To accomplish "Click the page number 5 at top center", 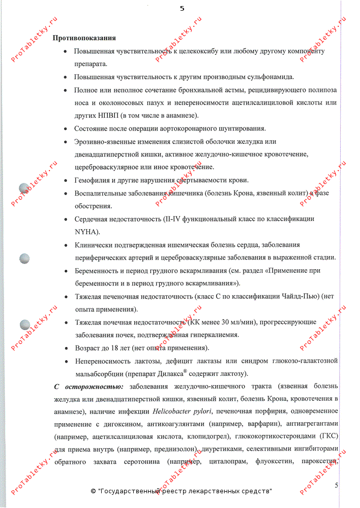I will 182,9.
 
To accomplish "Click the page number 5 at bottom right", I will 337,485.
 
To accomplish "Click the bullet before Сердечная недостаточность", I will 67,219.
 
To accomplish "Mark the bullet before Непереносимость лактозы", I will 67,361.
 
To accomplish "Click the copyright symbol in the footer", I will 93,491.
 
